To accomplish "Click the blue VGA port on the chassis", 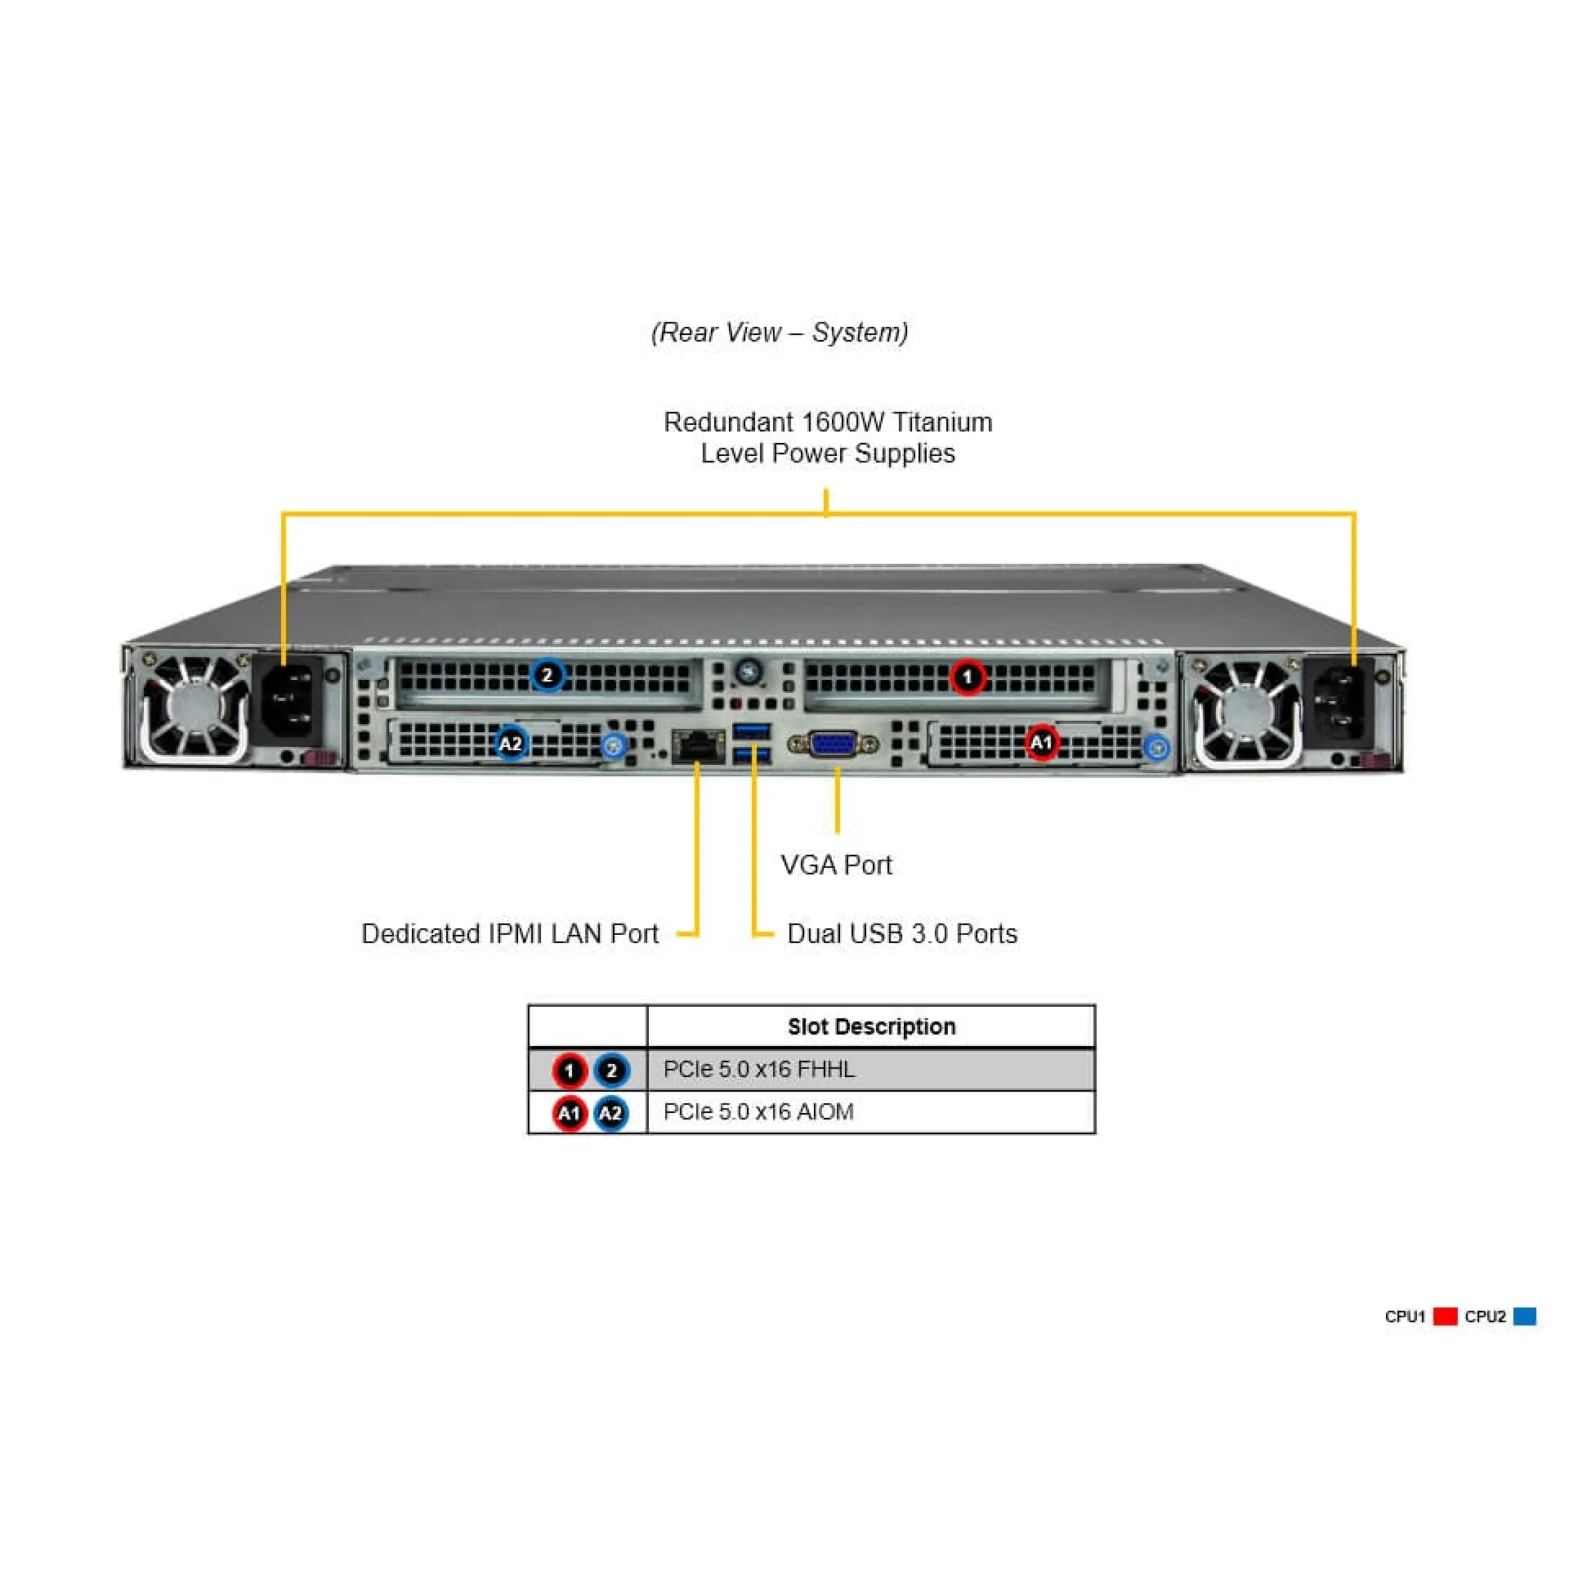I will pyautogui.click(x=833, y=744).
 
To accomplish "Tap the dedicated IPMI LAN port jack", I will pyautogui.click(x=698, y=744).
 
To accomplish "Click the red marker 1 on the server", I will pyautogui.click(x=968, y=677).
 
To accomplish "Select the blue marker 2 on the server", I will pyautogui.click(x=548, y=675).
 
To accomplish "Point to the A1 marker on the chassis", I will pyautogui.click(x=1040, y=743).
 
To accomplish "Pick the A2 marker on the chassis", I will pyautogui.click(x=511, y=744).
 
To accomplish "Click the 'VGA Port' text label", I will pyautogui.click(x=836, y=865).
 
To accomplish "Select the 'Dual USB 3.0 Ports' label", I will pyautogui.click(x=902, y=934).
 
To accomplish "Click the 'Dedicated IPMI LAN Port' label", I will pyautogui.click(x=510, y=934).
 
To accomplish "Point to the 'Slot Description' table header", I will pyautogui.click(x=871, y=1026).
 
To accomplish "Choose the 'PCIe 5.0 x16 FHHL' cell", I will pyautogui.click(x=759, y=1070).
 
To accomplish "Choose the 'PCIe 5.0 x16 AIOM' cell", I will pyautogui.click(x=758, y=1112).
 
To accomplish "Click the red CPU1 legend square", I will pyautogui.click(x=1445, y=1316).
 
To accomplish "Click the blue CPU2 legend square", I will pyautogui.click(x=1524, y=1316).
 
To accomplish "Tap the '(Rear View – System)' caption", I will pyautogui.click(x=780, y=333).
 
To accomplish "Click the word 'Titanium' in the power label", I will pyautogui.click(x=942, y=422).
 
